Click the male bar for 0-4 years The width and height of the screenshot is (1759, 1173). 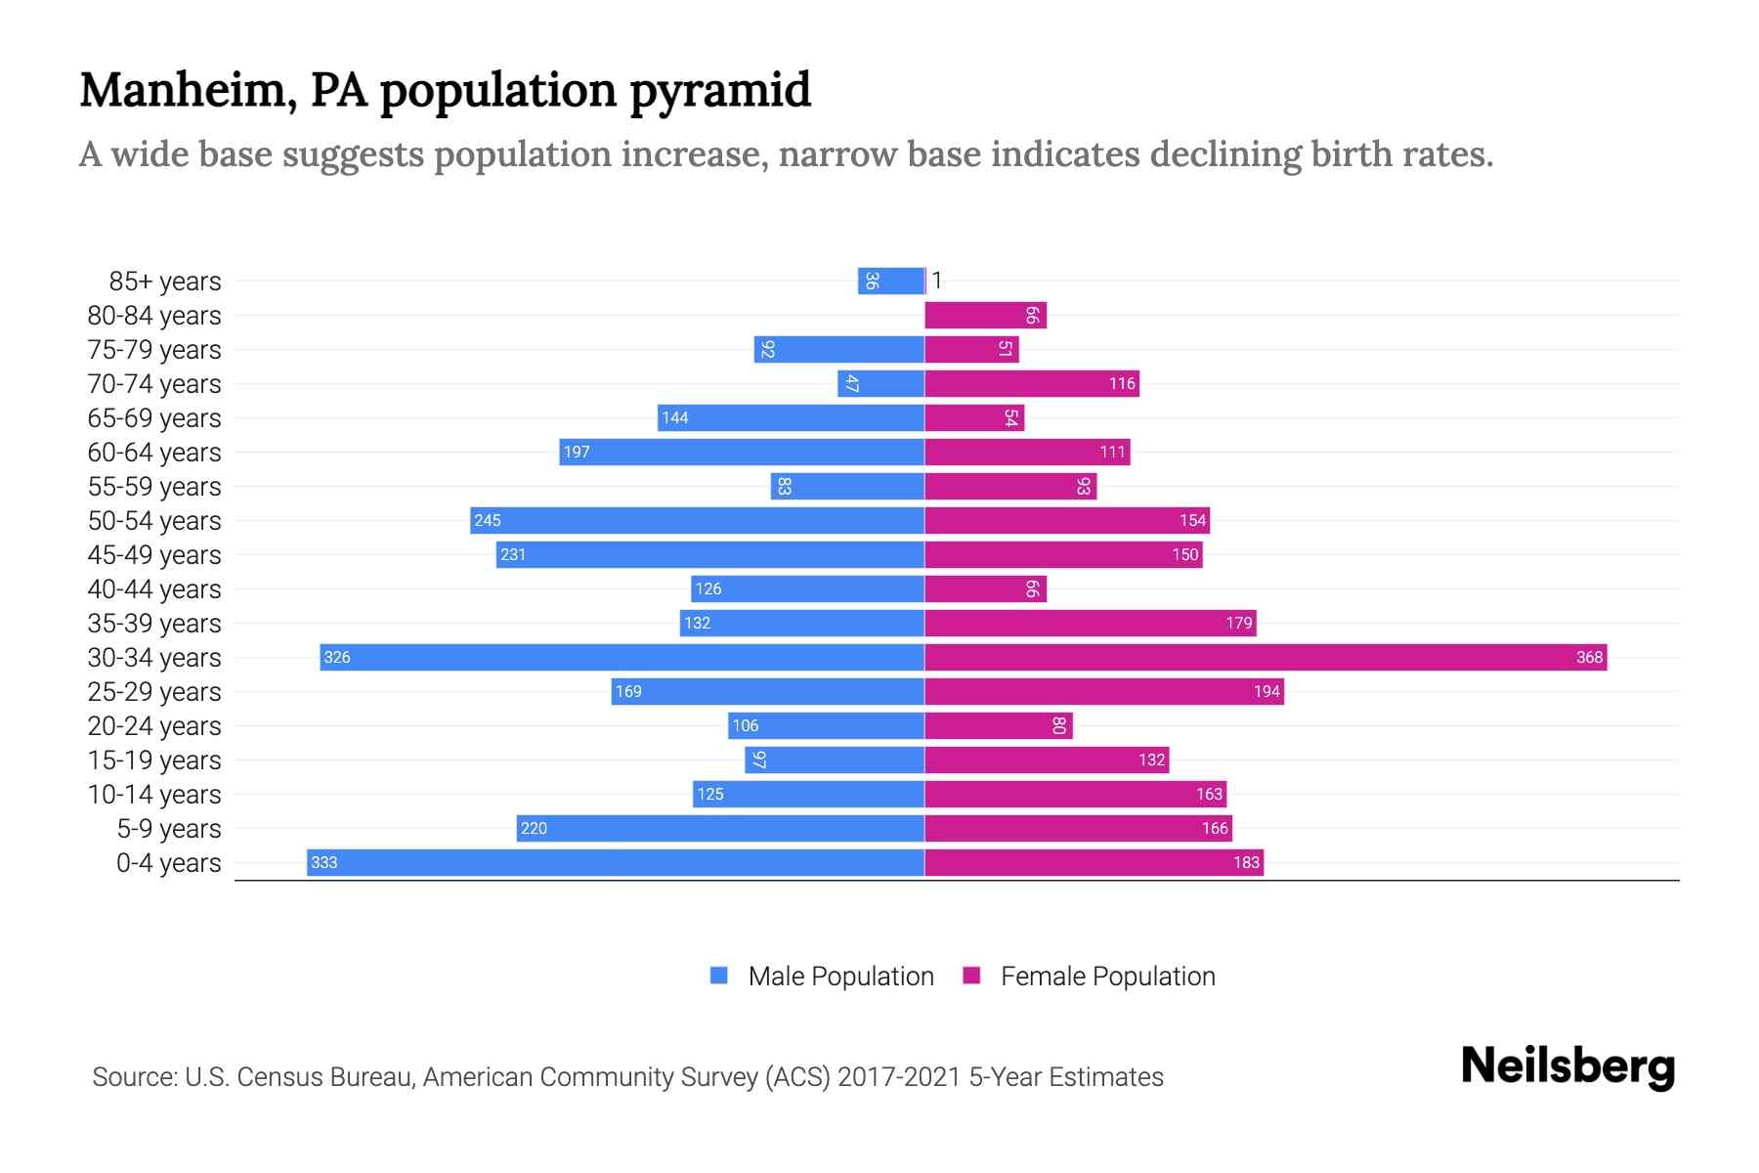616,862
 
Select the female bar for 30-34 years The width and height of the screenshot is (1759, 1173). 1266,657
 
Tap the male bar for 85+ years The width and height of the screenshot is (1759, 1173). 891,281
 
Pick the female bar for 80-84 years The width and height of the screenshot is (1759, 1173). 985,315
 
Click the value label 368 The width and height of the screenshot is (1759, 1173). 1589,657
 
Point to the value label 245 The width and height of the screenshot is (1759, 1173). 488,520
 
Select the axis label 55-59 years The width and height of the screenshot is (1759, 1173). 154,486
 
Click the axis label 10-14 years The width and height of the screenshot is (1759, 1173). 154,794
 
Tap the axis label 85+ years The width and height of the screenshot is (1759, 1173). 165,281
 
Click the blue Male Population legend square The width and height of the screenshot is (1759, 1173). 719,976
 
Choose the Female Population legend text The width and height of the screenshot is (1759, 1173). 1107,976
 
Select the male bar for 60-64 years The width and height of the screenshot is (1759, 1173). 742,452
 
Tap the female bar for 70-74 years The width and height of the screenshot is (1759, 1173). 1032,383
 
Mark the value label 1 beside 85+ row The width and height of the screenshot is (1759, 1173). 936,281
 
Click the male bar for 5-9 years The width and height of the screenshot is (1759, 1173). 720,828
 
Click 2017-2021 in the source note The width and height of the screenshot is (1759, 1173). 899,1076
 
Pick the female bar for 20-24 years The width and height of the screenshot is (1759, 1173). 999,725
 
